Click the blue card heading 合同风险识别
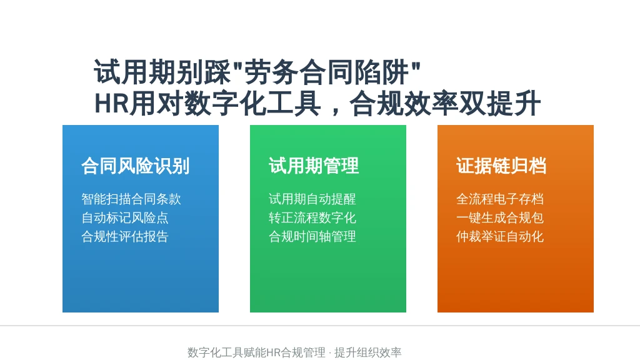(x=136, y=166)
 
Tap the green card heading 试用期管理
(x=314, y=166)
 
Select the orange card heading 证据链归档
(x=501, y=166)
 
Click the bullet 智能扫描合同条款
(x=131, y=199)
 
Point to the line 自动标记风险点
(x=125, y=217)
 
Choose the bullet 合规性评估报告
(x=125, y=236)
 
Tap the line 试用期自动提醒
(x=312, y=199)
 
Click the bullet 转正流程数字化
(x=312, y=217)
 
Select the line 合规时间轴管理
(x=312, y=236)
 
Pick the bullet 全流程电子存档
(x=500, y=199)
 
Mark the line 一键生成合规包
(x=500, y=217)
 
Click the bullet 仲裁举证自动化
(x=500, y=236)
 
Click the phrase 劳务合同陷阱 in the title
(x=326, y=72)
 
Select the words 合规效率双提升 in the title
(x=445, y=103)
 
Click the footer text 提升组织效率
(x=367, y=352)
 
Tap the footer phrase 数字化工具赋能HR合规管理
(x=256, y=352)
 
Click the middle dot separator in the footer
(x=330, y=352)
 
